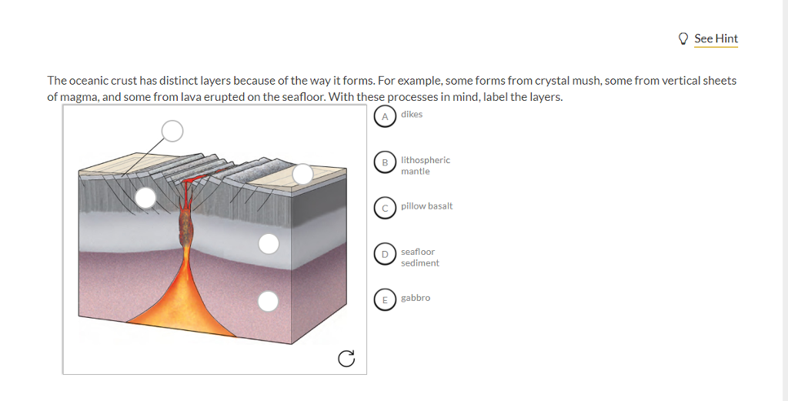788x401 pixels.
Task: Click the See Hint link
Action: coord(716,38)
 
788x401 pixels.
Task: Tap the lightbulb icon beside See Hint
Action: coord(683,38)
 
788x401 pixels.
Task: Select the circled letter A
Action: coord(385,116)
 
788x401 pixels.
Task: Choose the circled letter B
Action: coord(385,162)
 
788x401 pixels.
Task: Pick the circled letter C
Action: coord(385,207)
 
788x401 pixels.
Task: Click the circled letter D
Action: coord(385,253)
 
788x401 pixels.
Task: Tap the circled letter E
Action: coord(385,299)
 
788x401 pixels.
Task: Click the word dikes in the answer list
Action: coord(412,115)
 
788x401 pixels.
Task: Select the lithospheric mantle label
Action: coord(425,165)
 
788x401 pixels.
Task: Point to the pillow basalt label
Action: coord(426,206)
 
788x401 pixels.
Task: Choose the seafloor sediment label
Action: coord(419,257)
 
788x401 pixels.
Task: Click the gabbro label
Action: coord(416,298)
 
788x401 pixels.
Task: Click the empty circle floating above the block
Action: coord(172,132)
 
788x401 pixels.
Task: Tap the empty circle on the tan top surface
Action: coord(302,174)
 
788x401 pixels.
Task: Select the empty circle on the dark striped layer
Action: coord(145,198)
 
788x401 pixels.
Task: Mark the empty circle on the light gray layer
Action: coord(269,244)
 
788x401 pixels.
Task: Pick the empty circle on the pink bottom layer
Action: coord(268,301)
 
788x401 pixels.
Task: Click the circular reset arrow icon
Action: coord(346,357)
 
